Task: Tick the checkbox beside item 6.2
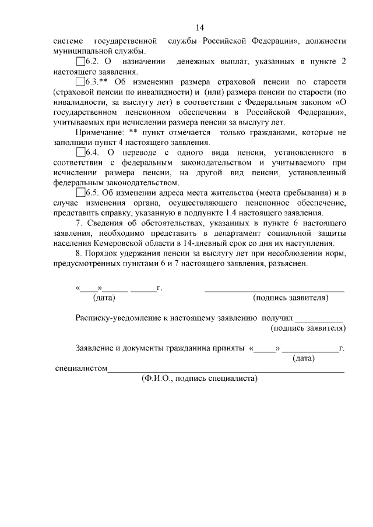coord(80,62)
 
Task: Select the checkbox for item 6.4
coord(80,153)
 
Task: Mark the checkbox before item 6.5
coord(80,193)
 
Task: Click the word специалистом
coord(80,368)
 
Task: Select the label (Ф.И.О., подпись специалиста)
coord(199,379)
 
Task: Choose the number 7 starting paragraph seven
coord(79,223)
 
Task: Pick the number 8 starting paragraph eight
coord(79,253)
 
